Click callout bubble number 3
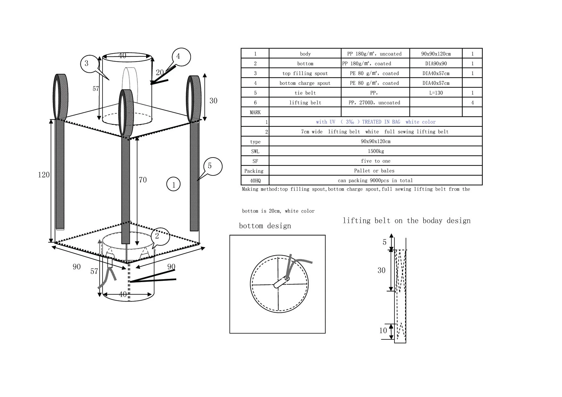coord(87,63)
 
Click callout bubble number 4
coord(178,57)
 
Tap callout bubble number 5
coord(210,166)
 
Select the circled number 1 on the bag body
coord(174,185)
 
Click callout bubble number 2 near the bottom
coord(157,236)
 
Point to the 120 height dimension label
coord(44,175)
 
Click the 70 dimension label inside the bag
coord(143,180)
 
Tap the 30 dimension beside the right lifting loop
coord(213,101)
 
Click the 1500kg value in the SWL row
coord(376,151)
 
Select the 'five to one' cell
coord(376,161)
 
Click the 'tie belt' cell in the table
coord(305,93)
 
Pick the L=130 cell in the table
coord(436,93)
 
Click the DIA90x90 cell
coord(436,64)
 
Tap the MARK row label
coord(255,112)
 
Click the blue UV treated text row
coord(376,122)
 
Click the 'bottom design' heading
coord(265,226)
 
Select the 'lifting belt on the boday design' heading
coord(407,221)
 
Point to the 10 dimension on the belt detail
coord(383,331)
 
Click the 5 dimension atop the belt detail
coord(384,242)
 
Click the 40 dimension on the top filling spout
coord(122,56)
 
